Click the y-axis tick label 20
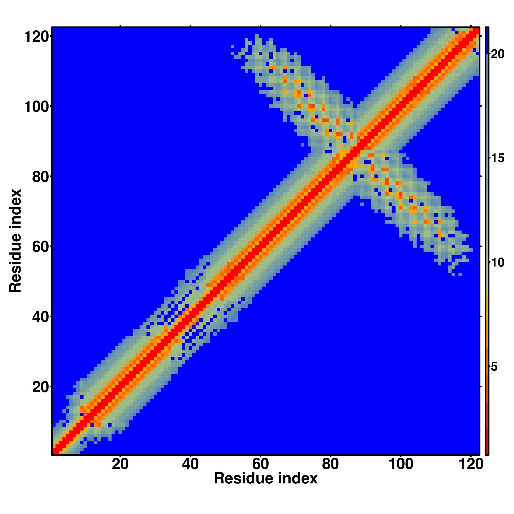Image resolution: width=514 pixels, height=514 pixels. [40, 387]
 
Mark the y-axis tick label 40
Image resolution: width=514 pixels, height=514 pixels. [40, 317]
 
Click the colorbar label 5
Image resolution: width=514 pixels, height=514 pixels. [494, 367]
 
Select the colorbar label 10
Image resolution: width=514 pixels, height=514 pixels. [497, 263]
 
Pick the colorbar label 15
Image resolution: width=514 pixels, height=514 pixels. [497, 159]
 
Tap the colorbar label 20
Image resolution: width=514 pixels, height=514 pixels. [497, 54]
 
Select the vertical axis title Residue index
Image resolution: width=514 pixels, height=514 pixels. [15, 241]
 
